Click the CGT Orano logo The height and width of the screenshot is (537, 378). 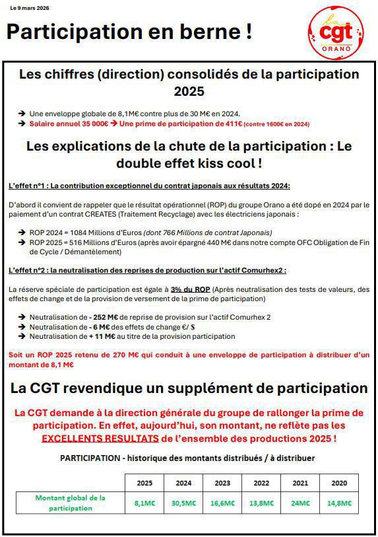336,31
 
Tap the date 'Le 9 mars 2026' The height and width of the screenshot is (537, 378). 30,8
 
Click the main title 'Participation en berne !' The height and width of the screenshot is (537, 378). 129,31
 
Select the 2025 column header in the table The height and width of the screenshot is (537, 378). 144,483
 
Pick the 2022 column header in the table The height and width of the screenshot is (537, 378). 261,483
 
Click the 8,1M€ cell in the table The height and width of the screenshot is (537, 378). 144,503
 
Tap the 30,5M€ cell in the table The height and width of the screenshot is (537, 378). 183,503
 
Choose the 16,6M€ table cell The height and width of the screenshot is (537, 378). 222,503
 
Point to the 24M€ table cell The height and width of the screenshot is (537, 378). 300,503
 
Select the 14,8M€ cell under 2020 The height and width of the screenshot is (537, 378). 339,503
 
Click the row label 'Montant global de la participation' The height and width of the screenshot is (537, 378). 71,503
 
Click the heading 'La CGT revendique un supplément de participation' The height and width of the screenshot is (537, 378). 189,388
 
